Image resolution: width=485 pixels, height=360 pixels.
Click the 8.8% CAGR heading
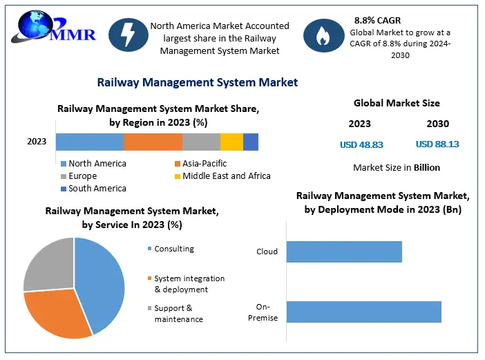377,20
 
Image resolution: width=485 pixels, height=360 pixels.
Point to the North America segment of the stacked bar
89,142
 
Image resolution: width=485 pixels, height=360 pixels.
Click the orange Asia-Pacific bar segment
153,142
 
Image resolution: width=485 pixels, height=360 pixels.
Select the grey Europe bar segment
201,142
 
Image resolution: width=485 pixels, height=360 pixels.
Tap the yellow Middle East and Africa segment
231,142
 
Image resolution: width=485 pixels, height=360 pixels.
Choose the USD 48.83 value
361,144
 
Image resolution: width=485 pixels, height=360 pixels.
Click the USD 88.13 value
437,144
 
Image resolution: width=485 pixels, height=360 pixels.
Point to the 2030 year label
437,124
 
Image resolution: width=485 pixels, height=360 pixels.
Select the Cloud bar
344,252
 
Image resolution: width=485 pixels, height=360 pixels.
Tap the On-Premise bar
363,312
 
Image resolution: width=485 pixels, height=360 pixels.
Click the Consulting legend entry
173,249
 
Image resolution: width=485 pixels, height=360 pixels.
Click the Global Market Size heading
397,104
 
